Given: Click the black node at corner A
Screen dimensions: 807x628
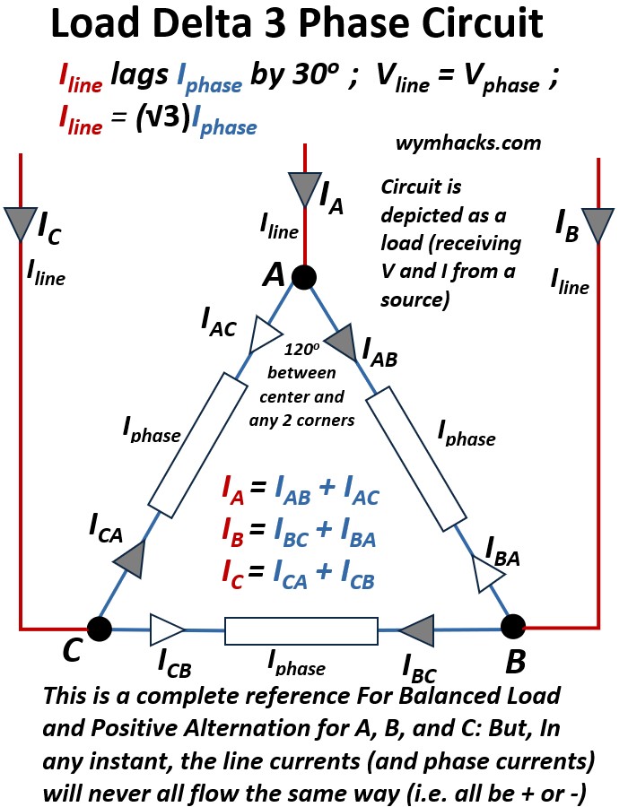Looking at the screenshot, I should coord(304,278).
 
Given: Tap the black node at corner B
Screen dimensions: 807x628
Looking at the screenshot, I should coord(512,625).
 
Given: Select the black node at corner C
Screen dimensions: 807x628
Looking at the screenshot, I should coord(98,628).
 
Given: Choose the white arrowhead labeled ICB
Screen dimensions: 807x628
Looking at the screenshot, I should coord(167,628).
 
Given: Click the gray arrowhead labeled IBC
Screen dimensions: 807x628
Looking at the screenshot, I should coord(418,629).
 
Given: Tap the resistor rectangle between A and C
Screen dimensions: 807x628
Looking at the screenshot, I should coord(197,447).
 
